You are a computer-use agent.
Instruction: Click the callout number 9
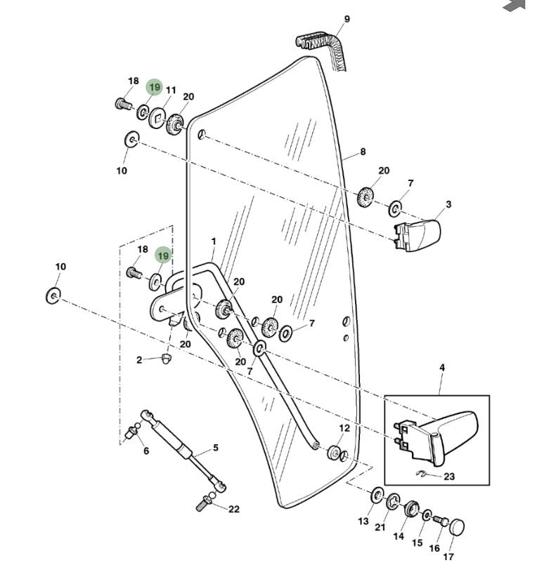(x=347, y=19)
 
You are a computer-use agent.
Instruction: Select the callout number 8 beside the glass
(x=363, y=152)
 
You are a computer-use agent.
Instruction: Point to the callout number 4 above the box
(x=442, y=368)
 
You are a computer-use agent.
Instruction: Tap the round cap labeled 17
(x=457, y=526)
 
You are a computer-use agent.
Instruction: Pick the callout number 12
(x=344, y=428)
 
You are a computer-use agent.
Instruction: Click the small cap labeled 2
(x=166, y=359)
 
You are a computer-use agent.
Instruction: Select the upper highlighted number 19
(x=155, y=88)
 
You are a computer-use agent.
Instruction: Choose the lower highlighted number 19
(x=163, y=255)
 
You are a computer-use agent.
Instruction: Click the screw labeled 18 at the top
(x=124, y=105)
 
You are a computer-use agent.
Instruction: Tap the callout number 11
(x=171, y=91)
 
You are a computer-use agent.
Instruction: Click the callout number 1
(x=214, y=241)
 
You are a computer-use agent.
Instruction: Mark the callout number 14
(x=399, y=536)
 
